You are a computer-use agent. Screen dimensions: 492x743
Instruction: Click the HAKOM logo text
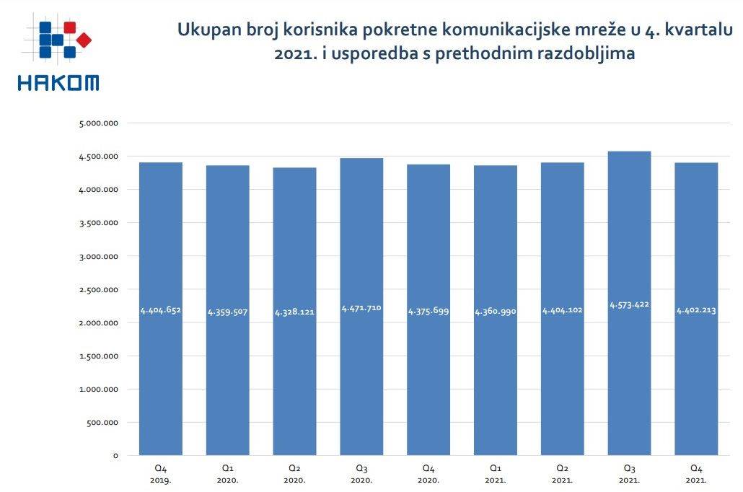[58, 83]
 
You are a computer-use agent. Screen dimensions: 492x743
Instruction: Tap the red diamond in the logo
[84, 40]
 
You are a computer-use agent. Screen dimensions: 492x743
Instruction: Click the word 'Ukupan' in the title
[207, 31]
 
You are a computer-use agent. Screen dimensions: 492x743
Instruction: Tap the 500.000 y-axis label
[102, 423]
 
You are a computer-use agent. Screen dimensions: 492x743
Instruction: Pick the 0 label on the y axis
[115, 456]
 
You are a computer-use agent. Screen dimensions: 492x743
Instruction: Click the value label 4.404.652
[160, 310]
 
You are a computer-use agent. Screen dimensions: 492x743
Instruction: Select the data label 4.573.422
[629, 304]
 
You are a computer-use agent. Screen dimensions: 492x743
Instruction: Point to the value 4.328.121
[294, 313]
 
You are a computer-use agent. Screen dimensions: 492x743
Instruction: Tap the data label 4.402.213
[696, 311]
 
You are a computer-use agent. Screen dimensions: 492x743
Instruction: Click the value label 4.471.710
[361, 308]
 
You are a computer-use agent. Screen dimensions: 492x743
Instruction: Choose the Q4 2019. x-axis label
[160, 473]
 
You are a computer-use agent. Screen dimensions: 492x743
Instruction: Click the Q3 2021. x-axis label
[629, 473]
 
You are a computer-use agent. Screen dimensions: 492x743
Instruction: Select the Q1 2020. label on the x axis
[227, 473]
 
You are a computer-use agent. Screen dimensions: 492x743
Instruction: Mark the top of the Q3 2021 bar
[629, 151]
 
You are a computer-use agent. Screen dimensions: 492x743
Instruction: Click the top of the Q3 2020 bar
[361, 159]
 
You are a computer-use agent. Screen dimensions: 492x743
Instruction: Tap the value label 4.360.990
[495, 312]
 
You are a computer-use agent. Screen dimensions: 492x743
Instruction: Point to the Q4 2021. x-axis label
[696, 473]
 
